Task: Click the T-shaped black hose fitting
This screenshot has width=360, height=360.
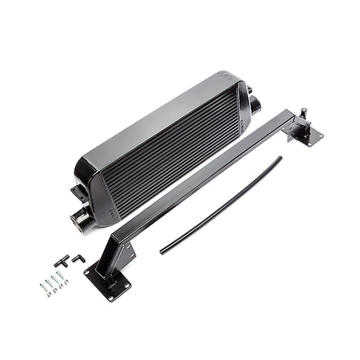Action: click(59, 260)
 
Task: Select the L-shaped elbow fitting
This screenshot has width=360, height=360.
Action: click(78, 259)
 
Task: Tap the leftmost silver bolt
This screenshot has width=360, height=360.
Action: click(42, 287)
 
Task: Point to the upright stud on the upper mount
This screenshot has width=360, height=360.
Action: click(303, 114)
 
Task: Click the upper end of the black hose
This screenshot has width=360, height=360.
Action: click(279, 158)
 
